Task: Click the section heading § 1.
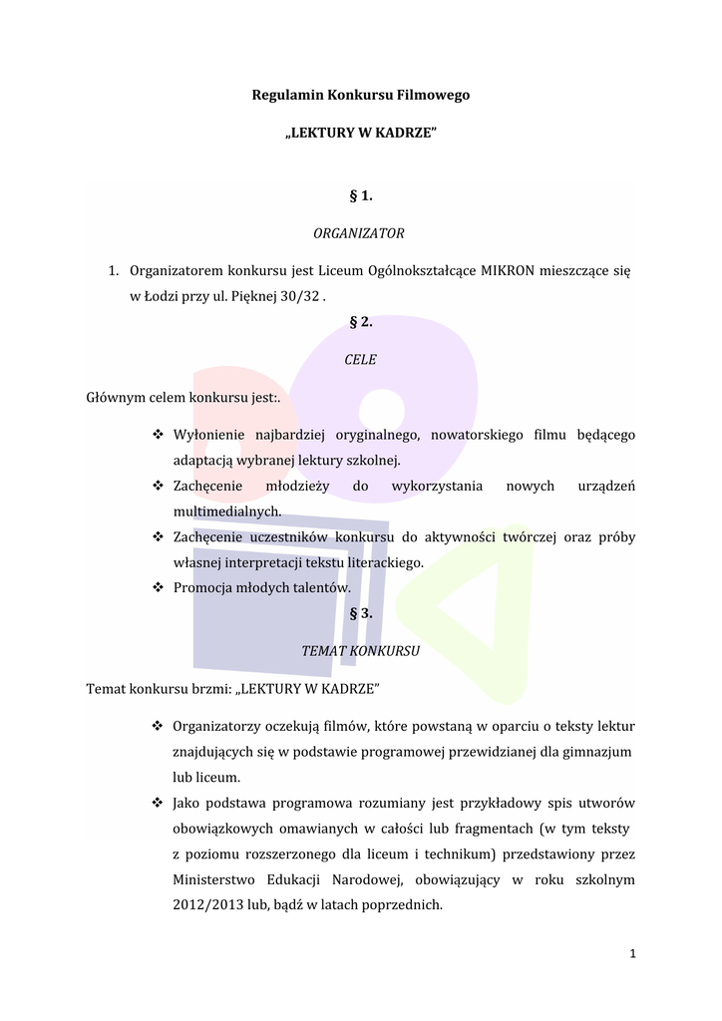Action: [360, 195]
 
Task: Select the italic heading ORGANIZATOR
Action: [359, 233]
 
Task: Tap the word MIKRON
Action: [507, 271]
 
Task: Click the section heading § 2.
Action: [360, 321]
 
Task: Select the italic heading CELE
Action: [360, 359]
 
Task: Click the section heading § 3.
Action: [360, 613]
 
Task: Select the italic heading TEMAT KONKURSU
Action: [360, 651]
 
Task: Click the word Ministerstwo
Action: [212, 880]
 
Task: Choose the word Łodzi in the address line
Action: [166, 296]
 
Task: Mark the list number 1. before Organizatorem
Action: [115, 271]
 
